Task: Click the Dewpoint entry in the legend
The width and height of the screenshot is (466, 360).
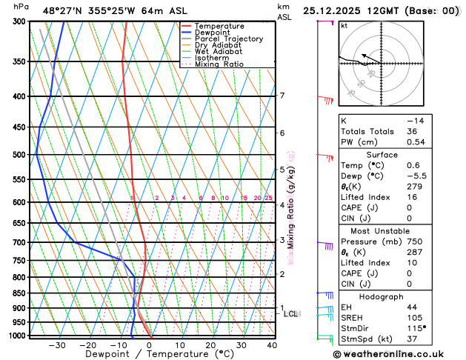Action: coord(213,33)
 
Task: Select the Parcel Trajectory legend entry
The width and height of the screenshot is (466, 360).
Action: coord(228,39)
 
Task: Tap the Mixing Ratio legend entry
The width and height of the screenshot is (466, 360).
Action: coord(219,64)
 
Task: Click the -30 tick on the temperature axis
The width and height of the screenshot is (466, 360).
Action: coord(57,344)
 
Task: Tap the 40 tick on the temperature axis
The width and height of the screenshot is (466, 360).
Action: coord(272,344)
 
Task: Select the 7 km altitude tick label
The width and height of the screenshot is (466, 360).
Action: coord(282,96)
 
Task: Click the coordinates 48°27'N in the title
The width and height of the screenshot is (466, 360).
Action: coord(64,11)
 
